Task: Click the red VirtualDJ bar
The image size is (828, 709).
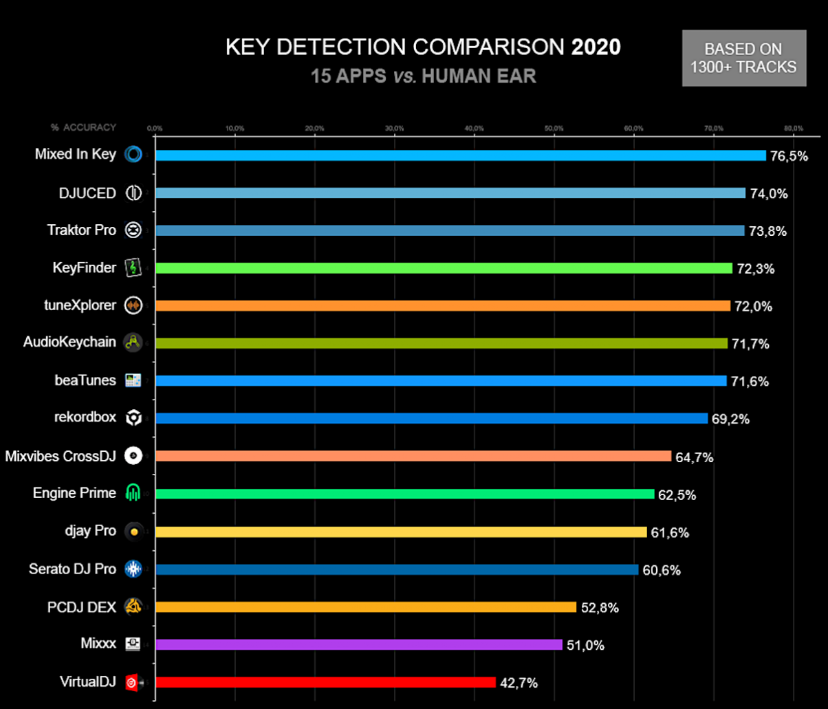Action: click(325, 682)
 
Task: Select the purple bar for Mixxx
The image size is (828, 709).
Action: click(358, 644)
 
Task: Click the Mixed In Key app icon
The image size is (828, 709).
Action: click(133, 155)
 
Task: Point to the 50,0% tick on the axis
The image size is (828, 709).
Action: click(554, 128)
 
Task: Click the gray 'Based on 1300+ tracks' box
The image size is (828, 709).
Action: click(744, 58)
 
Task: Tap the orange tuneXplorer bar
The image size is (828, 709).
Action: click(442, 305)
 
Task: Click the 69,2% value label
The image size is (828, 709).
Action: click(730, 419)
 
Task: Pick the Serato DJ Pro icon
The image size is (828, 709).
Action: click(133, 569)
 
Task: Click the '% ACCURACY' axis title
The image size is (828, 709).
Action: click(83, 127)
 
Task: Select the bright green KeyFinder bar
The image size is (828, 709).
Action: click(444, 268)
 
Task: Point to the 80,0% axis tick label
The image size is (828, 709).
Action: click(793, 128)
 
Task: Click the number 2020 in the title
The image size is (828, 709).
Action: click(596, 47)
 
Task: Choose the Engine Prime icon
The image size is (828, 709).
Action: click(133, 493)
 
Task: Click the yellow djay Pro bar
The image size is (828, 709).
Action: click(401, 532)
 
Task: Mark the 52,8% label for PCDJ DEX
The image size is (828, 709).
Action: click(599, 607)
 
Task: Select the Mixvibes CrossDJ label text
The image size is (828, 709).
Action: click(61, 455)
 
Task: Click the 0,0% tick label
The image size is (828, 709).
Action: click(155, 128)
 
